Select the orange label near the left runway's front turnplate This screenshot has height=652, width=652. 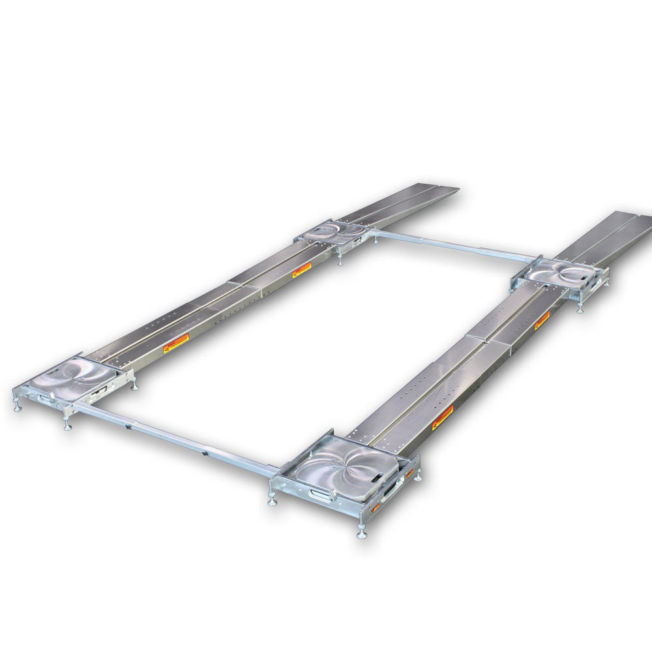click(x=176, y=341)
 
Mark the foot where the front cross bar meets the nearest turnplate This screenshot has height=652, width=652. click(x=271, y=500)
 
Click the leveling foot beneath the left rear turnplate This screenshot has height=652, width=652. click(x=340, y=261)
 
